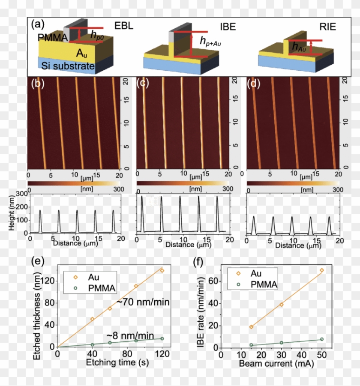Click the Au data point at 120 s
coord(162,270)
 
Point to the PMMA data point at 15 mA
coord(251,345)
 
